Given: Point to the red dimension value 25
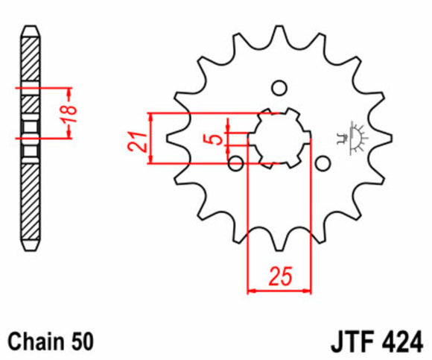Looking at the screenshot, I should (279, 277).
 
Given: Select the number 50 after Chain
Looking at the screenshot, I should (82, 342).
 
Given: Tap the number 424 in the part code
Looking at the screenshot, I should (401, 342).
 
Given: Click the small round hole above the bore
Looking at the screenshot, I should (279, 89).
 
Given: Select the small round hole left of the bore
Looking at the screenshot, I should (237, 162).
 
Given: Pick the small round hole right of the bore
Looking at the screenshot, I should (323, 162).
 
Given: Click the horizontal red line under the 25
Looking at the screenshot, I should (279, 288).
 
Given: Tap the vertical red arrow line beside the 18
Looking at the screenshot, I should (69, 112).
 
